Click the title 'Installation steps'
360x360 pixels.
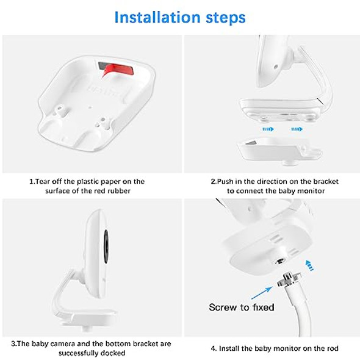pos(180,18)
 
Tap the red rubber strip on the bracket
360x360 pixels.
pos(118,70)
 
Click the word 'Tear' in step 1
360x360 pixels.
pos(43,181)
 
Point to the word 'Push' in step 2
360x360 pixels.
pos(225,181)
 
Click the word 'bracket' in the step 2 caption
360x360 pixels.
pos(326,181)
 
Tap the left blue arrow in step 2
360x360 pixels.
pos(268,129)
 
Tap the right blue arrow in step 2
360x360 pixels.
pos(297,129)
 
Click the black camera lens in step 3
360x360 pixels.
pos(106,247)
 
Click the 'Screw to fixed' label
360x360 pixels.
pos(241,307)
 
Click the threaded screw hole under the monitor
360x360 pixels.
pos(280,261)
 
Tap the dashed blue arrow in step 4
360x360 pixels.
pos(309,265)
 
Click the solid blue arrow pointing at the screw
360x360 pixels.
pos(262,293)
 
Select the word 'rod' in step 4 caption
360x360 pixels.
pos(333,348)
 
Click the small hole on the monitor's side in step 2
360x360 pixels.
pos(276,67)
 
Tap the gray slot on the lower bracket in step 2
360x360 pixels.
pos(251,143)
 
